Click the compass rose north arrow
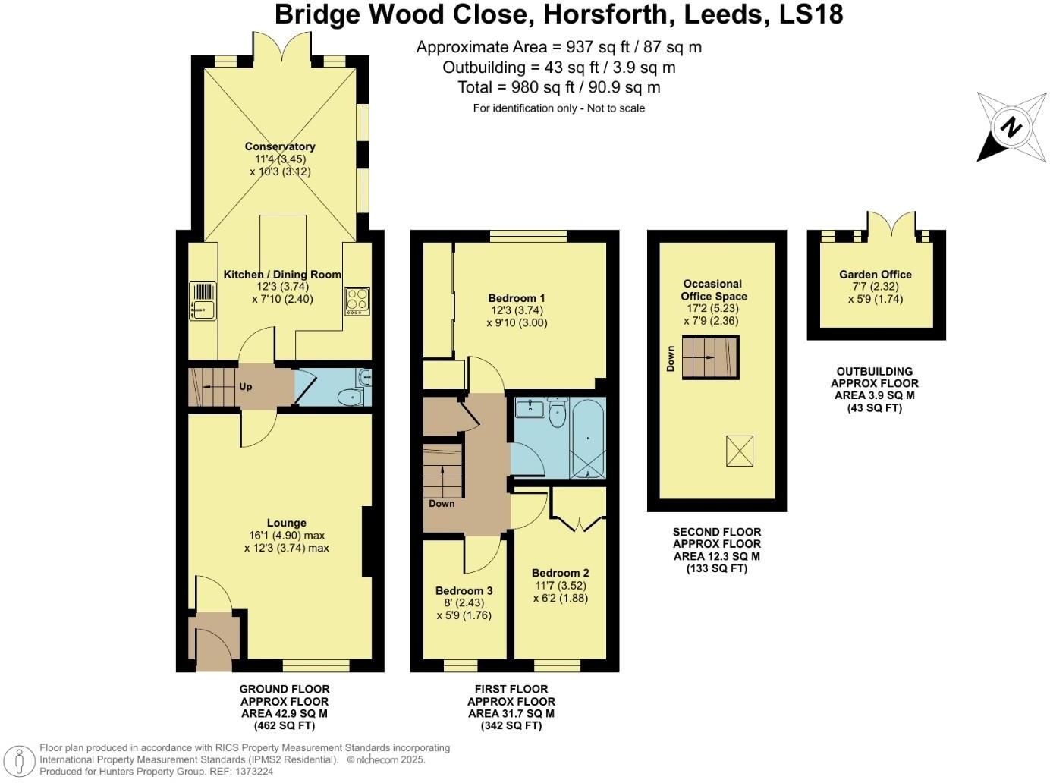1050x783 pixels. pyautogui.click(x=1008, y=127)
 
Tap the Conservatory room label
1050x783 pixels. pyautogui.click(x=279, y=146)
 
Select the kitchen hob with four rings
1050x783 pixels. pyautogui.click(x=357, y=300)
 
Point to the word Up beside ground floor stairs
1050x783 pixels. pyautogui.click(x=245, y=387)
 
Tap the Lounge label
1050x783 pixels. pyautogui.click(x=286, y=523)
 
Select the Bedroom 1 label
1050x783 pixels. pyautogui.click(x=516, y=298)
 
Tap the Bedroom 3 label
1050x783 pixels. pyautogui.click(x=464, y=590)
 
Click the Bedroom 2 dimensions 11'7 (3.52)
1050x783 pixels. pyautogui.click(x=560, y=585)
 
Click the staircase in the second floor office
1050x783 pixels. pyautogui.click(x=710, y=357)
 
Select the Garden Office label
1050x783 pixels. pyautogui.click(x=875, y=275)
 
